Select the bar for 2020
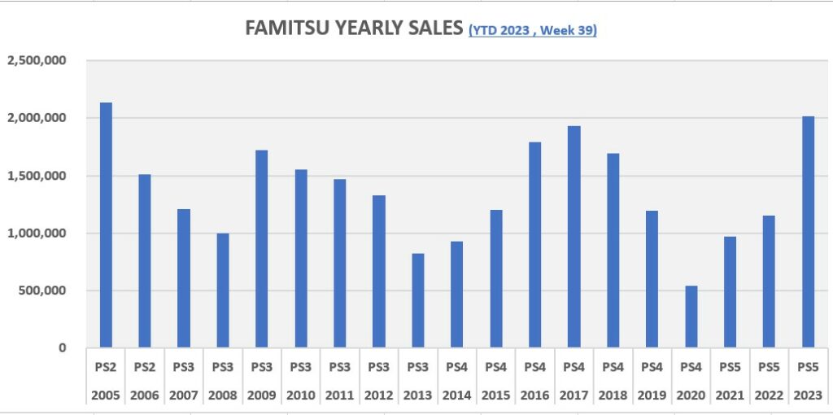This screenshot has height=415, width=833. point(691,317)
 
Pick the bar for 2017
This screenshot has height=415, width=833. point(574,237)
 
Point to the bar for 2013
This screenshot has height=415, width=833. point(418,300)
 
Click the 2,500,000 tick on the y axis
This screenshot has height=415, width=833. point(37,61)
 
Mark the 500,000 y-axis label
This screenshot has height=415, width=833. point(41,290)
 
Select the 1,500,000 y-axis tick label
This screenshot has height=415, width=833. point(37,176)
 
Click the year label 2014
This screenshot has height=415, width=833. point(457,395)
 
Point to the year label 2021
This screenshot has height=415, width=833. point(731,395)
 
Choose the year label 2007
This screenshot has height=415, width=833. point(184,395)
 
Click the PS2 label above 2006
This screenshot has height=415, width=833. point(145,367)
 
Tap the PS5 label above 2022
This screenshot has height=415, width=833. point(770,367)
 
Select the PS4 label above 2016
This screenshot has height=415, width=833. point(535,367)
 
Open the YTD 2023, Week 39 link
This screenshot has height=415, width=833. point(533,30)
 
